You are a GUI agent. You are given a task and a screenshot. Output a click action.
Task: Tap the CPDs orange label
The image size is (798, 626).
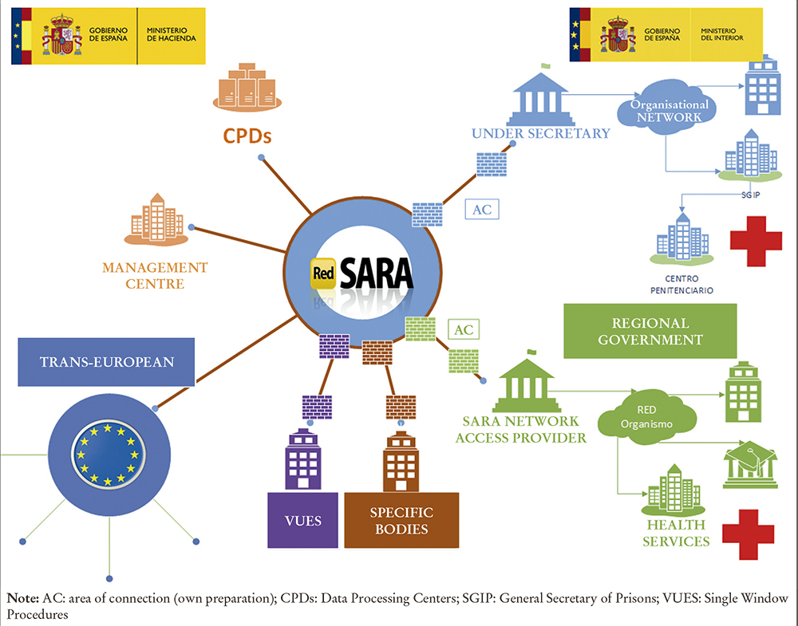click(245, 136)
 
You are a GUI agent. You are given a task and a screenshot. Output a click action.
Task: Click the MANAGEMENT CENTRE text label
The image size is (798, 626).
click(155, 275)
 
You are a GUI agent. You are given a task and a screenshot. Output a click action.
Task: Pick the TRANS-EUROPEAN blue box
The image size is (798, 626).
click(106, 362)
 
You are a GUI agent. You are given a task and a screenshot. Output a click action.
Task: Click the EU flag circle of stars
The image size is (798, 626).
click(109, 454)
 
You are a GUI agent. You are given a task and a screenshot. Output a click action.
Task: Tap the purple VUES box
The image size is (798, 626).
click(302, 520)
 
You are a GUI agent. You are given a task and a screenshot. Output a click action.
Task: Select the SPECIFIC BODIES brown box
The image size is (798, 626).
click(401, 520)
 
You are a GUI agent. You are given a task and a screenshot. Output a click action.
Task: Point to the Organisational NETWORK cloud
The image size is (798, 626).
click(669, 111)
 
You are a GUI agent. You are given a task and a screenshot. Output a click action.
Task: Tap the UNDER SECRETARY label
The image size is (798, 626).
click(540, 134)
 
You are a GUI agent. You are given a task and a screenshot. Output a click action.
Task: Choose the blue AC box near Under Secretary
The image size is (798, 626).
click(482, 209)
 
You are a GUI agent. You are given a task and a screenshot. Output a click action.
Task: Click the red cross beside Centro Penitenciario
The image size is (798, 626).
click(750, 241)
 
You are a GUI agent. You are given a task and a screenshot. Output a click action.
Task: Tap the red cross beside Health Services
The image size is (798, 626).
click(748, 533)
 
